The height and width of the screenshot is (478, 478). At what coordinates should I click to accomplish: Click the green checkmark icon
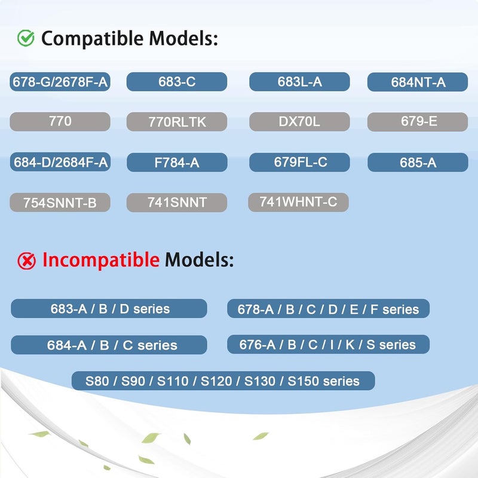(x=26, y=38)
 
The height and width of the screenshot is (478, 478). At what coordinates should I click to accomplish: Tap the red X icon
(x=26, y=261)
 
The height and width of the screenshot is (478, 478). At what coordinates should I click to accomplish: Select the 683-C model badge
(x=177, y=82)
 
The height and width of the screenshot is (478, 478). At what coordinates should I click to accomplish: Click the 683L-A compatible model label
(x=299, y=82)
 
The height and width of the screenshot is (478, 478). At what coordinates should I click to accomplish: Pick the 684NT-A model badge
(x=418, y=82)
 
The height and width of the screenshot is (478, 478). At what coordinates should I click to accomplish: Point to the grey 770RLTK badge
(x=177, y=122)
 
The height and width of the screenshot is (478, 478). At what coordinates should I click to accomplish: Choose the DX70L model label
(x=299, y=122)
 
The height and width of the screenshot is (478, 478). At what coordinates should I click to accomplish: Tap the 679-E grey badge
(x=418, y=122)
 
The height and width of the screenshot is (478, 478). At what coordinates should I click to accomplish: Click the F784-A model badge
(x=177, y=162)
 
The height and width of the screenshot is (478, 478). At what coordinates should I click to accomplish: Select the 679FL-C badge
(x=300, y=162)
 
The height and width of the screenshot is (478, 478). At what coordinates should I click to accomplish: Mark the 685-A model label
(x=418, y=162)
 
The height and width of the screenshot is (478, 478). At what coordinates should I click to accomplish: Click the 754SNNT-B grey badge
(x=60, y=202)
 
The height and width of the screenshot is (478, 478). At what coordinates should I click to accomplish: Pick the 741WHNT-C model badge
(x=298, y=202)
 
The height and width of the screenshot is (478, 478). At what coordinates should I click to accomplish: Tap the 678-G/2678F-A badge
(x=60, y=82)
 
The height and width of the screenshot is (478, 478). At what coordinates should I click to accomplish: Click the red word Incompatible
(x=100, y=261)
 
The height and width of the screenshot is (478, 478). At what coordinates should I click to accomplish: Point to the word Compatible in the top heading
(x=92, y=39)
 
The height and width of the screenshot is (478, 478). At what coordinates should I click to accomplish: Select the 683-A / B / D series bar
(x=109, y=308)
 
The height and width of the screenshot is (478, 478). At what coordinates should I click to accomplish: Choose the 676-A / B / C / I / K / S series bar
(x=328, y=344)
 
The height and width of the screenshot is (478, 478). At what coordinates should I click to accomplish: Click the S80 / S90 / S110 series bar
(x=223, y=381)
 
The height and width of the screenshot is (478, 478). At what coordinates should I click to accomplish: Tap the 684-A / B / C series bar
(x=109, y=345)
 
